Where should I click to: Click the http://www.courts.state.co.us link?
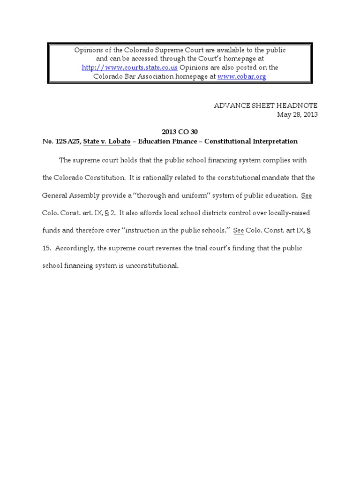coord(130,67)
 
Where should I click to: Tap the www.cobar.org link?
coord(242,76)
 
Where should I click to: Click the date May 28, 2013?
coord(297,115)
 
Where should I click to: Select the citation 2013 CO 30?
coord(180,132)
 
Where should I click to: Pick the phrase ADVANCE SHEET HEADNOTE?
coord(266,106)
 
